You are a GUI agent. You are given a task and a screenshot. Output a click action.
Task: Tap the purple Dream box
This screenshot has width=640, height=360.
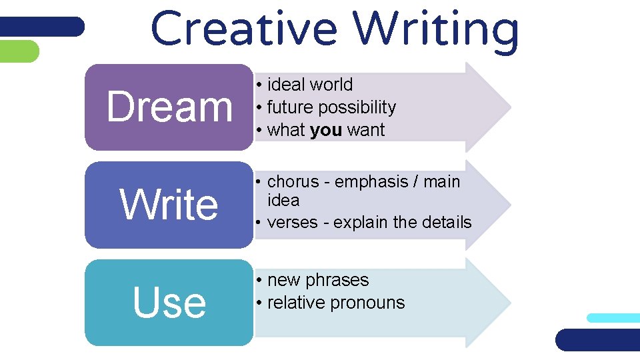click(169, 107)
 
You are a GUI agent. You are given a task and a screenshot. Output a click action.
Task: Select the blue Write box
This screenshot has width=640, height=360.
click(169, 205)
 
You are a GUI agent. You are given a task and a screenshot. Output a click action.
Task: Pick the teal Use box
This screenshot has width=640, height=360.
click(169, 303)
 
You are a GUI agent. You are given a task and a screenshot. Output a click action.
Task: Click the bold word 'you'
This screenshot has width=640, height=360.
click(326, 130)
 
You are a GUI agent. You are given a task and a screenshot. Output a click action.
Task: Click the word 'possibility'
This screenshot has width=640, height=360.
click(357, 107)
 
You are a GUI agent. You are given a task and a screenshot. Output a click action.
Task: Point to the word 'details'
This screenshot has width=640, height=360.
click(446, 222)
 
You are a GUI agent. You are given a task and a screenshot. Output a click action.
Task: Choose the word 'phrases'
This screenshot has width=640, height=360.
click(337, 280)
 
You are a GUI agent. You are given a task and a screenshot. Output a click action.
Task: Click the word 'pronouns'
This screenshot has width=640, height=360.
click(370, 303)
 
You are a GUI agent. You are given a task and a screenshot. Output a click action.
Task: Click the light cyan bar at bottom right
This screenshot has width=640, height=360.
click(613, 318)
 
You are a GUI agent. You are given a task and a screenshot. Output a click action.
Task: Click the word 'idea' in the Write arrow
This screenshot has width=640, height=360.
click(283, 200)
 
